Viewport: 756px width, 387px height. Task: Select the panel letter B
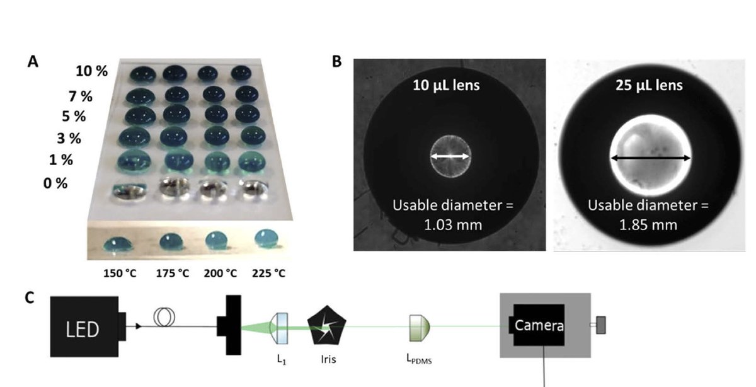click(337, 62)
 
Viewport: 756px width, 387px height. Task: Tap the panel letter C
click(30, 297)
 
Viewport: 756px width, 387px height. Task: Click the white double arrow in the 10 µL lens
click(450, 155)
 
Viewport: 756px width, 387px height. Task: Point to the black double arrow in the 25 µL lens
click(651, 158)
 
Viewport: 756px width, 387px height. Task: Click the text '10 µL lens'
click(450, 85)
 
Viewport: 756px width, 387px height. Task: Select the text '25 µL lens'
click(649, 85)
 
